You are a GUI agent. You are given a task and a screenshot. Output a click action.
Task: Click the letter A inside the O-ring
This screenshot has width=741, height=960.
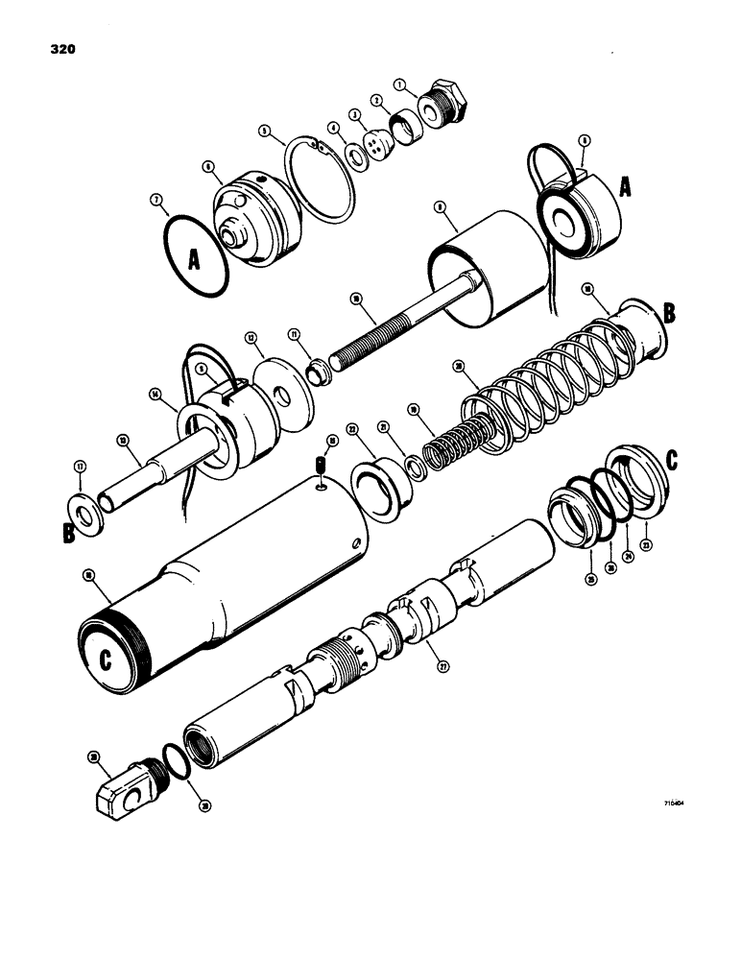pos(194,258)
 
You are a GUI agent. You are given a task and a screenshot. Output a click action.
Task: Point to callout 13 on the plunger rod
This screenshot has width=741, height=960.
pos(123,440)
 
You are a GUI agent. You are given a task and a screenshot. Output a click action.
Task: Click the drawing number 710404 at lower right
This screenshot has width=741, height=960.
pos(677,807)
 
